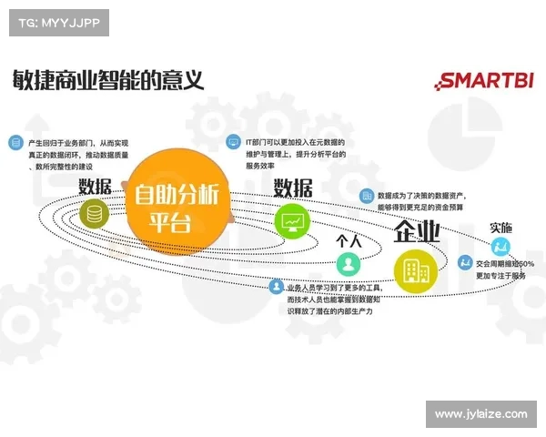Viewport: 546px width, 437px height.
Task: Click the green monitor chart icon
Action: coord(293,219)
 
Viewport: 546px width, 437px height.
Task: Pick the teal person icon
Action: coord(348,264)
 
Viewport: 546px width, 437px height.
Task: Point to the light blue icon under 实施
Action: coord(499,248)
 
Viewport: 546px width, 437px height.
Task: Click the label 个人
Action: coord(349,240)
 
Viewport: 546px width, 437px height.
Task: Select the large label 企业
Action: coord(416,232)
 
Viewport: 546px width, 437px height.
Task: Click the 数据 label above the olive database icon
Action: coord(95,187)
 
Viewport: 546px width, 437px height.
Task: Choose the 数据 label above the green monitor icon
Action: coord(293,188)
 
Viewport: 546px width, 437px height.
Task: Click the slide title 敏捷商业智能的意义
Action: coord(107,79)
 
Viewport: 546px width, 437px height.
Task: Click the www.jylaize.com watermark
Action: coord(480,414)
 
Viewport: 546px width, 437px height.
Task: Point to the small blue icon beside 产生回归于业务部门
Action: coord(15,143)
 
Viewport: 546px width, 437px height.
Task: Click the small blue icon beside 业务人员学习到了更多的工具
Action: coord(276,287)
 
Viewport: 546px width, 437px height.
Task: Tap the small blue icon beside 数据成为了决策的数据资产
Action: coord(365,195)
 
